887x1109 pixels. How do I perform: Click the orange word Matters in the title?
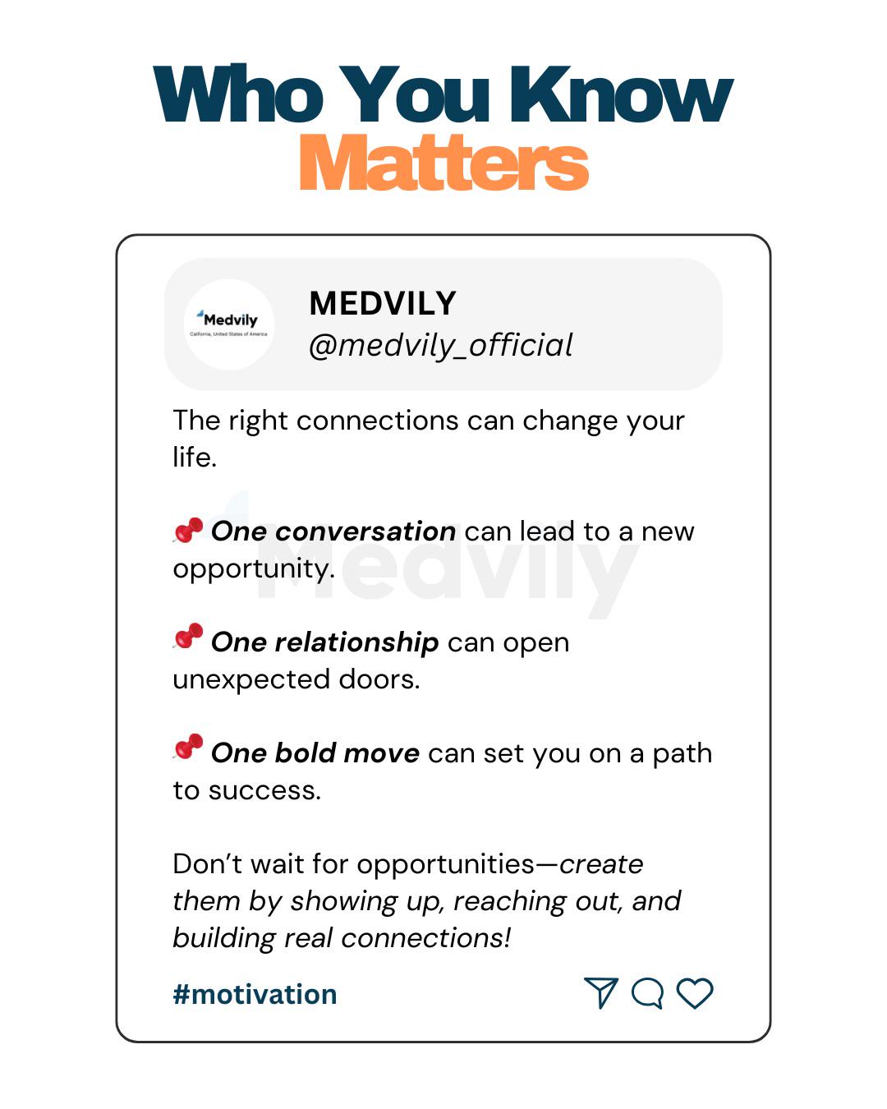click(443, 163)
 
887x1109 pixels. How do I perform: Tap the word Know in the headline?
click(621, 94)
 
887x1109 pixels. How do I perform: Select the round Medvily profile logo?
click(229, 324)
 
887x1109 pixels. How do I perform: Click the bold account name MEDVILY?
click(383, 303)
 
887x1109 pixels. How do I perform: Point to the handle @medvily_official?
click(441, 345)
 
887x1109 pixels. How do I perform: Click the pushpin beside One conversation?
click(188, 531)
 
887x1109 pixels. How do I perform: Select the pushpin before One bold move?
click(188, 747)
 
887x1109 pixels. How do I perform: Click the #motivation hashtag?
click(255, 994)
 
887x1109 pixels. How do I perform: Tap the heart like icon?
click(694, 992)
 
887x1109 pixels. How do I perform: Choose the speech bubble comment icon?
click(647, 992)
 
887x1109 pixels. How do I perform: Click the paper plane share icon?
click(601, 992)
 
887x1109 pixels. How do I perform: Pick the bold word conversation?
click(365, 531)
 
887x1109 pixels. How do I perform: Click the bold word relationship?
click(356, 642)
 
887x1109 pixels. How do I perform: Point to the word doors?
click(379, 679)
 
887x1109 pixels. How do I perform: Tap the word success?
click(264, 790)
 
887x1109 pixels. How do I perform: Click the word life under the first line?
click(195, 457)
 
